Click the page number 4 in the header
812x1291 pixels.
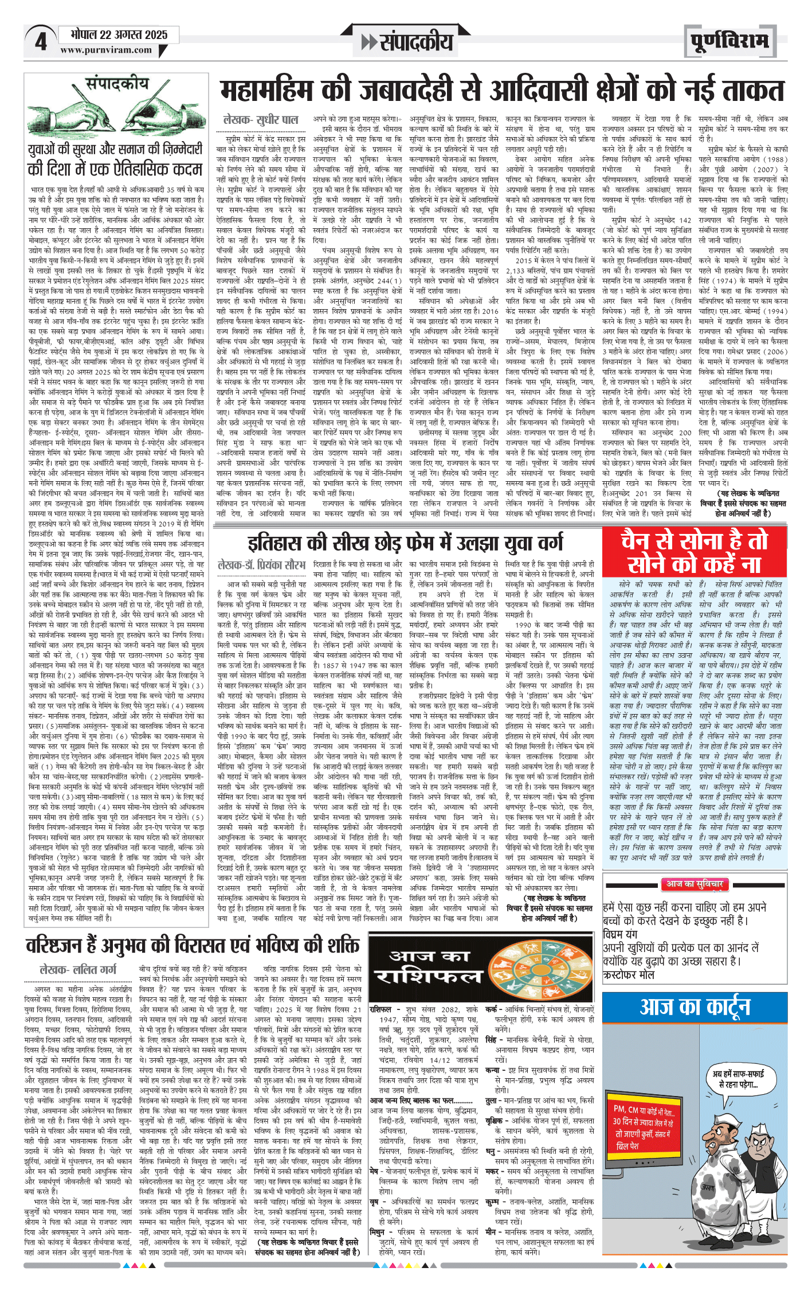point(40,41)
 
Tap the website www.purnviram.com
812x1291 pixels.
point(106,50)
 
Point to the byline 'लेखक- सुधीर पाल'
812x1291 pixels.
point(261,120)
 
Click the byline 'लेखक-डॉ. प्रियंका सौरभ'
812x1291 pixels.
point(261,565)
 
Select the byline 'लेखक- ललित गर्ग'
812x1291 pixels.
point(78,969)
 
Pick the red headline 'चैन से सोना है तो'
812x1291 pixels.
point(694,541)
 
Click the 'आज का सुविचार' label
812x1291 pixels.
point(694,884)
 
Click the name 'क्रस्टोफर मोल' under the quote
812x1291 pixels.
point(629,974)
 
